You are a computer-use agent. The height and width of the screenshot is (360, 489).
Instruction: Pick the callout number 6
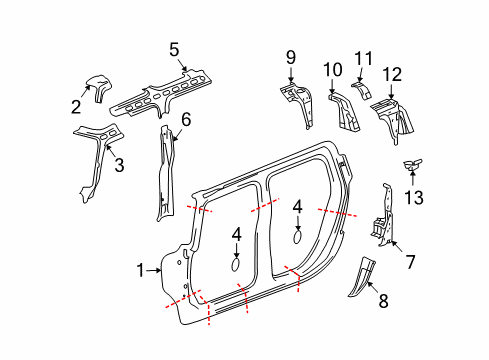point(185,119)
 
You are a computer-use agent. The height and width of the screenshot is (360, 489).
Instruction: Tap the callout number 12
point(393,73)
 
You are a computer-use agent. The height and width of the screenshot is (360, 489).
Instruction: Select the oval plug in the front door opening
point(236,265)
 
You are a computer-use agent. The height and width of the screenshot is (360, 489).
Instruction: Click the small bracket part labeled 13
point(409,166)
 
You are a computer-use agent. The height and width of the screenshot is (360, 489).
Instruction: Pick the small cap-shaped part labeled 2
point(98,86)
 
